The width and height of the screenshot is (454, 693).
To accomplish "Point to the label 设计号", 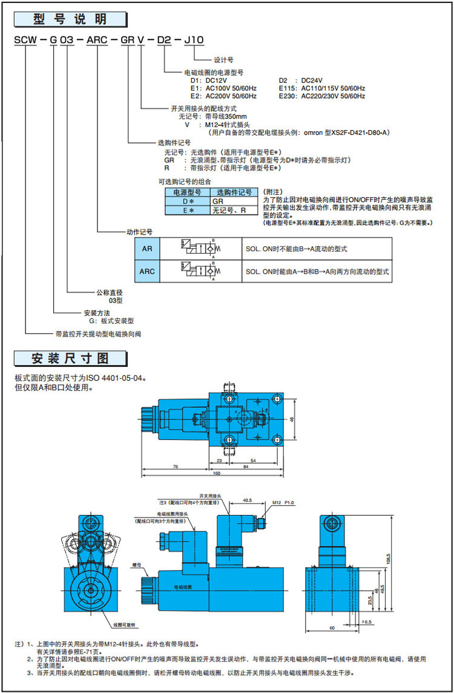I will [x=223, y=60].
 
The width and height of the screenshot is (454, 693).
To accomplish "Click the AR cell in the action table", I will [x=147, y=249].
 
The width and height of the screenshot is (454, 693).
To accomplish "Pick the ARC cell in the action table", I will [x=147, y=272].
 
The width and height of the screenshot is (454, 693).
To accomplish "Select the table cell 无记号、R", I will [x=229, y=210].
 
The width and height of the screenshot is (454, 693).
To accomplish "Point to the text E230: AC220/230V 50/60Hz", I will [x=322, y=96].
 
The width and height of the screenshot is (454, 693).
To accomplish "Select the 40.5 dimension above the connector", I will [x=246, y=500].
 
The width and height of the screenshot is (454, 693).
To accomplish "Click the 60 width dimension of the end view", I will [x=332, y=628].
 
